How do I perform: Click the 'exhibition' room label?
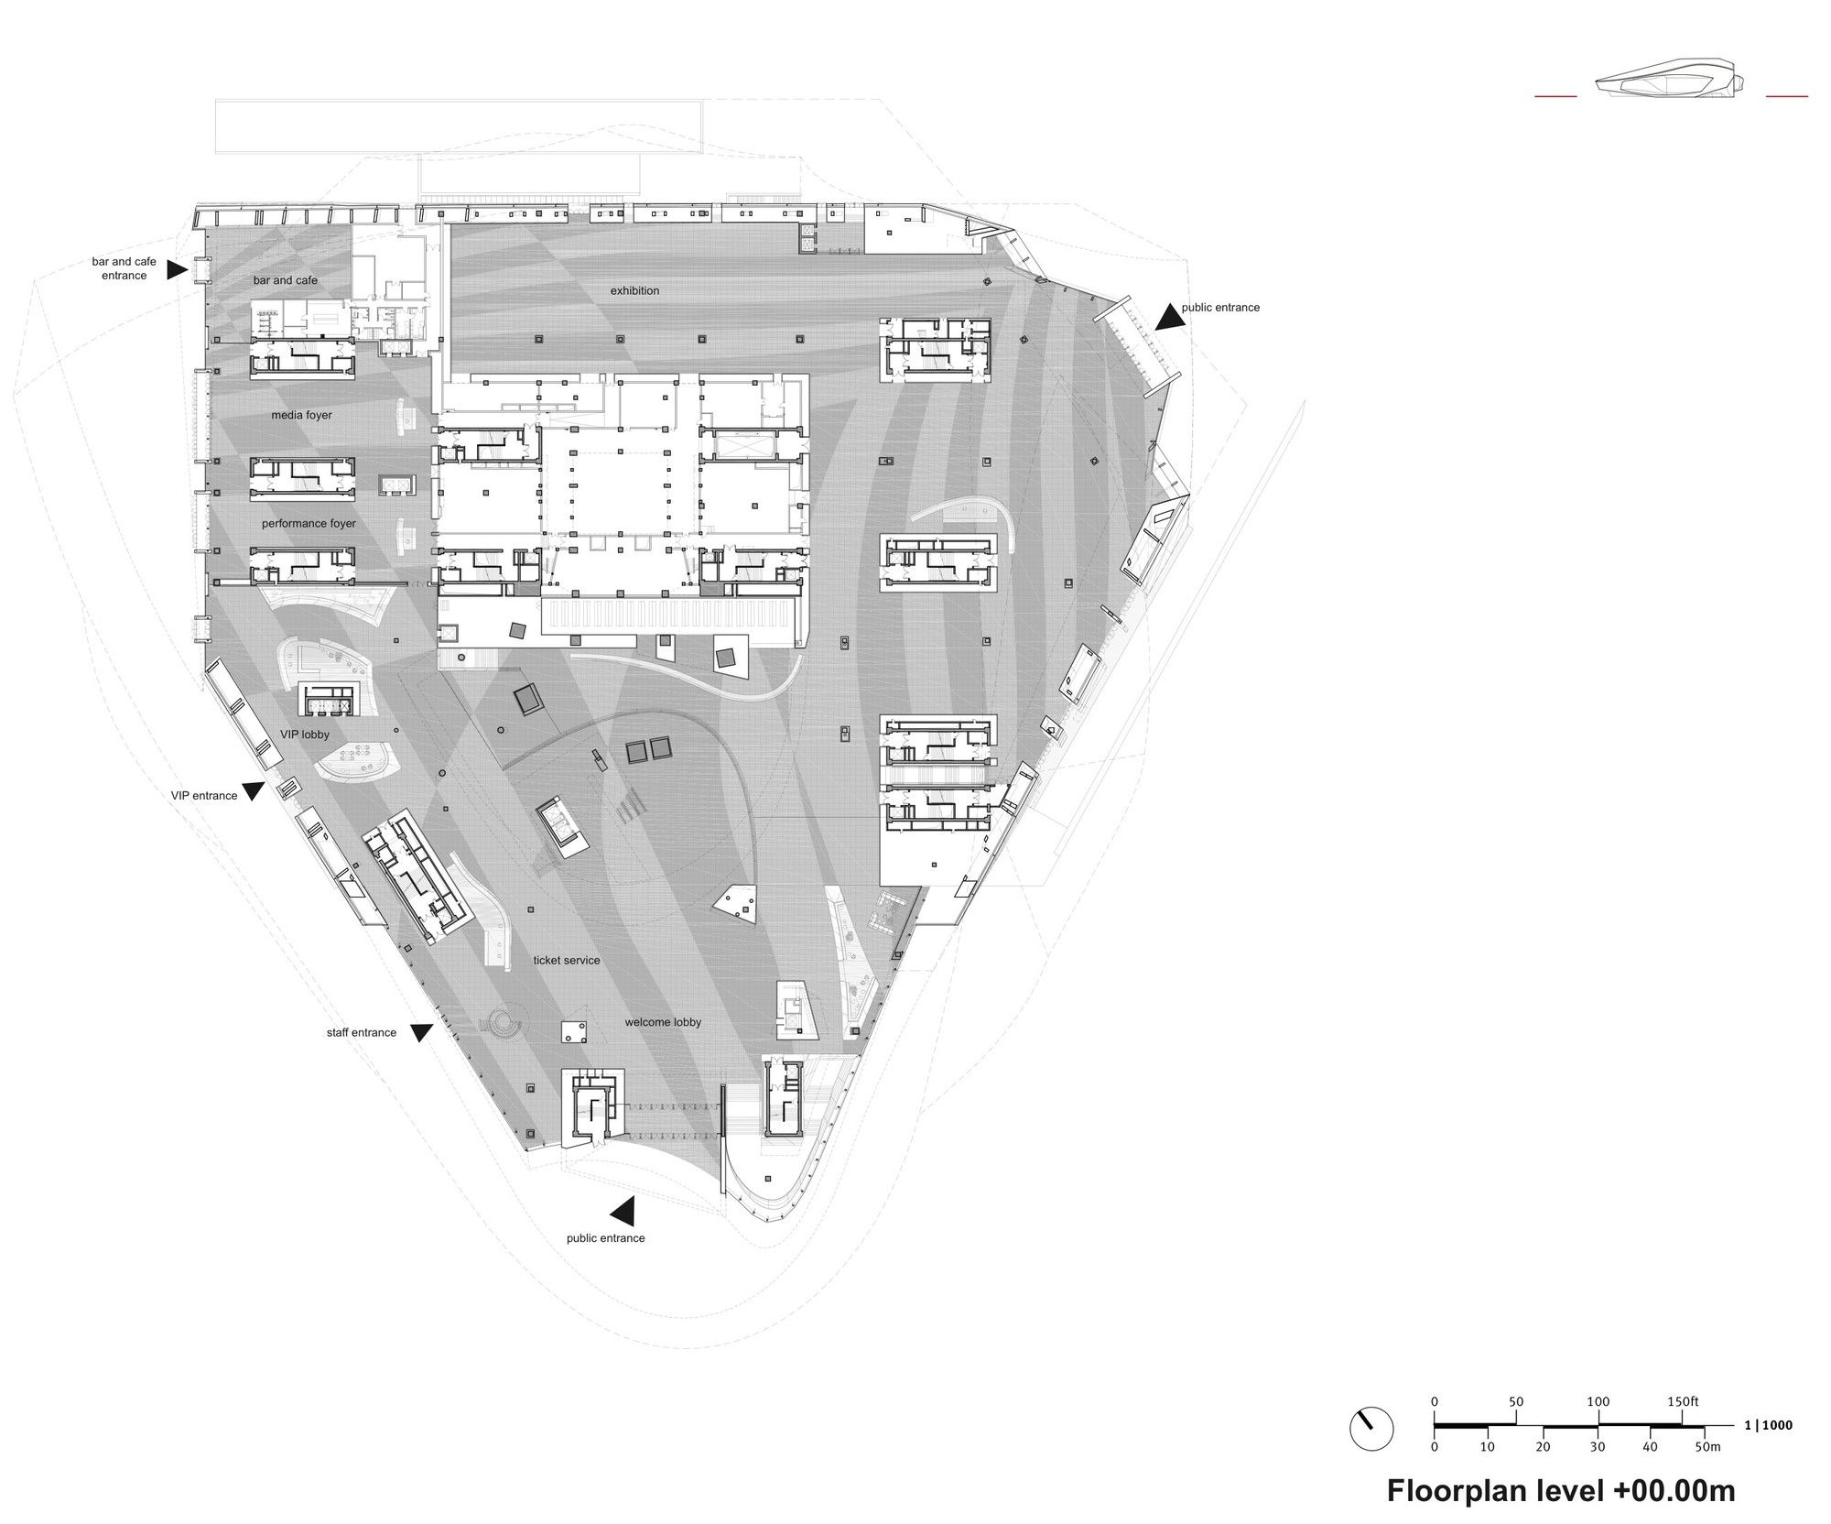(634, 290)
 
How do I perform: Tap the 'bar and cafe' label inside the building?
(286, 280)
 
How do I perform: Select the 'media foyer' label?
(301, 415)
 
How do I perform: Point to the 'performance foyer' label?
(309, 524)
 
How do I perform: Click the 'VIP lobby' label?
(305, 735)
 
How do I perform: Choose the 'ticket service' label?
(567, 960)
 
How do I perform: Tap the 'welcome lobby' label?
(663, 1022)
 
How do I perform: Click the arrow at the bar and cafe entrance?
(178, 269)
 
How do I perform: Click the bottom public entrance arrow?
(623, 1211)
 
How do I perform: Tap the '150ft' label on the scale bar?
(1683, 1401)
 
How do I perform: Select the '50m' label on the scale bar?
(1708, 1447)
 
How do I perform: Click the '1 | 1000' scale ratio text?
(1769, 1425)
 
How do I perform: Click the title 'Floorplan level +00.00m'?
(1561, 1490)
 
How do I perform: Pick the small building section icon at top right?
(1672, 84)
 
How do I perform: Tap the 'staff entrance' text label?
(362, 1032)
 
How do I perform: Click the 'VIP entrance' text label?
(204, 795)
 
